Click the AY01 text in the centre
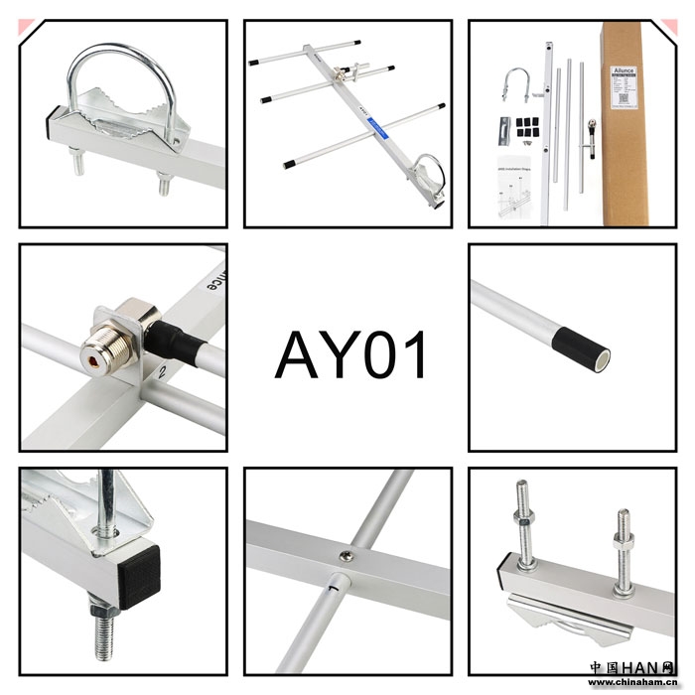click(x=351, y=354)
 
